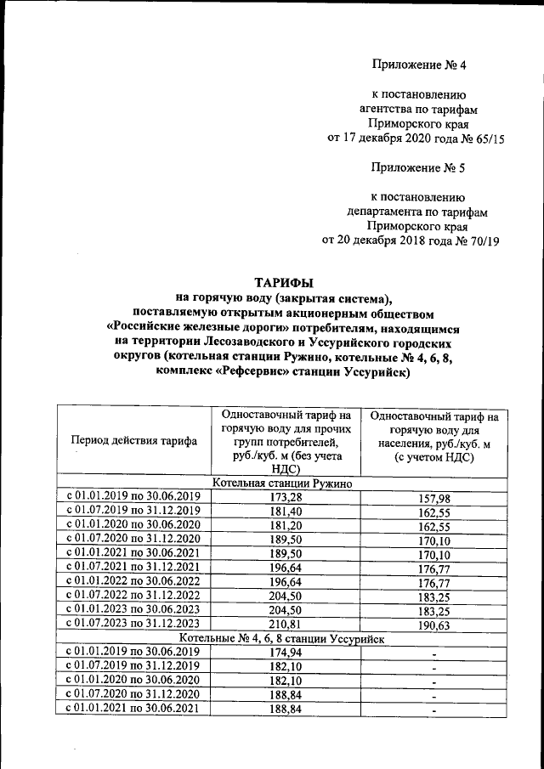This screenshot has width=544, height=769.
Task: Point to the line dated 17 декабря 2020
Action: click(416, 139)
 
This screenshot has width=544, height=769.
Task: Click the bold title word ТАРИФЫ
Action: click(285, 282)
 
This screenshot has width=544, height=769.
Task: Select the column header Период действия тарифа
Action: click(134, 441)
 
